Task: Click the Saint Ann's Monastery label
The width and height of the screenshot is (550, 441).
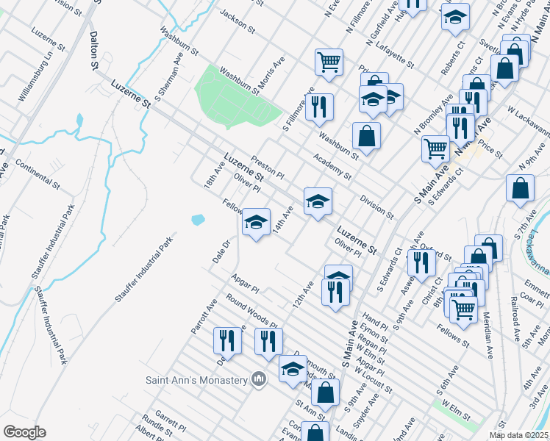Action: [x=196, y=379]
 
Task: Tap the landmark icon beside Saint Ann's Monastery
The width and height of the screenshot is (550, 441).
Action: [x=257, y=379]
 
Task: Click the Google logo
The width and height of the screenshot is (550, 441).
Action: [x=25, y=432]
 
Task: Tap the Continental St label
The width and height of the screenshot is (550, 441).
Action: [x=37, y=171]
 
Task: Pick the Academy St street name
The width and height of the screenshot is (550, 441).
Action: [x=332, y=166]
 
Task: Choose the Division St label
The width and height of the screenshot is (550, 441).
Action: [x=377, y=207]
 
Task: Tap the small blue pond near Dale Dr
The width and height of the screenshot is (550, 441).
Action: [x=197, y=219]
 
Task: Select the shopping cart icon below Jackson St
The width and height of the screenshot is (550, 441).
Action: [x=329, y=61]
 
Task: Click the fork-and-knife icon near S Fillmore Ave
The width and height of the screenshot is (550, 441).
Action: [x=319, y=107]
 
